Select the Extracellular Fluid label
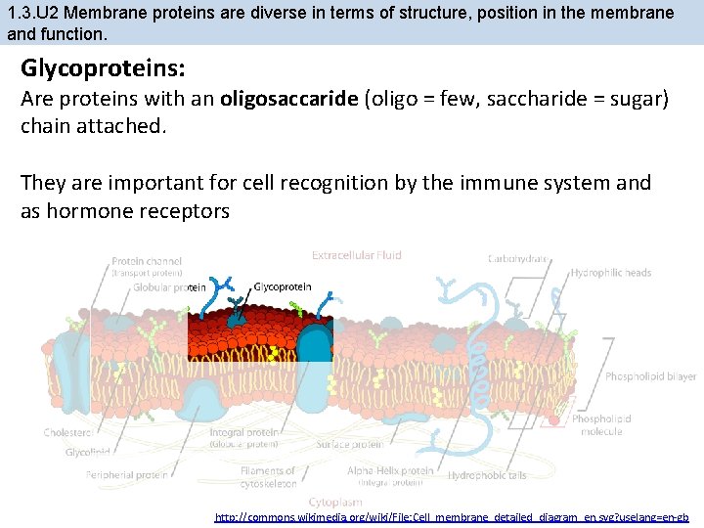coord(356,255)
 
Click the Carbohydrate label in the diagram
coord(518,259)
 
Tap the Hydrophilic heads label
coord(611,273)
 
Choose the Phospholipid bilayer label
coord(650,376)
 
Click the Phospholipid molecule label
coord(601,424)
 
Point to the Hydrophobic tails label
coord(487,475)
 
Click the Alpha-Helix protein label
coord(388,470)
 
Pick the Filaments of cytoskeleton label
coord(267,476)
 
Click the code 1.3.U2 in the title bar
coord(34,13)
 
